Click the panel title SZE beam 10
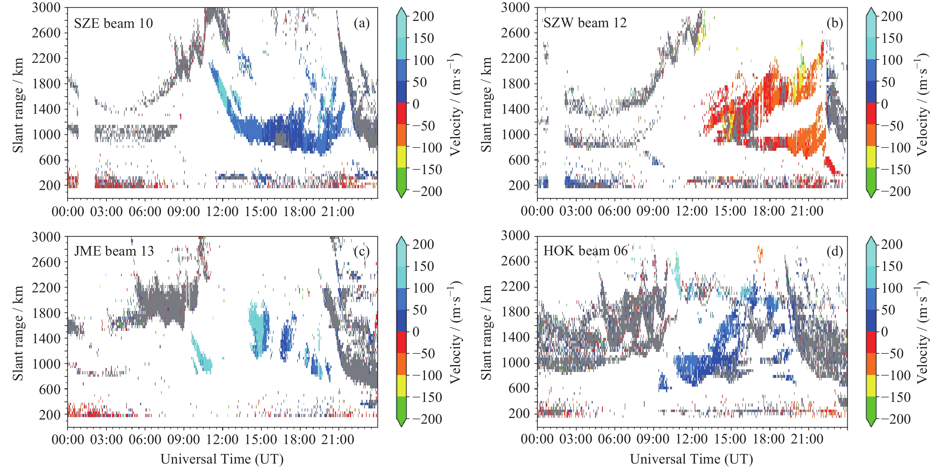pos(113,23)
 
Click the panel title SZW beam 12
pos(585,23)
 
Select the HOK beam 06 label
pos(585,251)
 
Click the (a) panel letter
pos(361,23)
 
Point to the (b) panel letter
pos(834,23)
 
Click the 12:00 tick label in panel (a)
pos(222,212)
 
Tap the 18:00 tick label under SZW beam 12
pos(768,211)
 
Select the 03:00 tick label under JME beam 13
pos(106,439)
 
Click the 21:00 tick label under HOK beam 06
pos(807,439)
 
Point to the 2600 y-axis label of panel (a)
pos(46,33)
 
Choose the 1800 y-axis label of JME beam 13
pos(46,313)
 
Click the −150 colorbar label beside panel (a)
pos(427,169)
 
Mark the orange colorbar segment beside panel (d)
pos(871,364)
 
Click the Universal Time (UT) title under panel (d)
pos(691,459)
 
